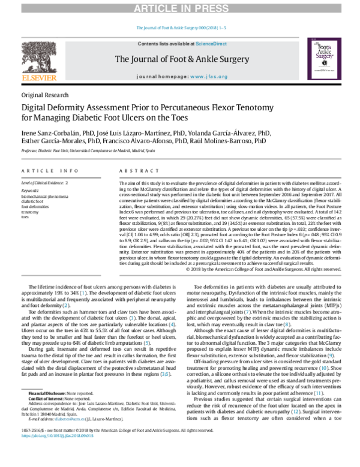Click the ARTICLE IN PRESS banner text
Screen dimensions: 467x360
click(x=180, y=8)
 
